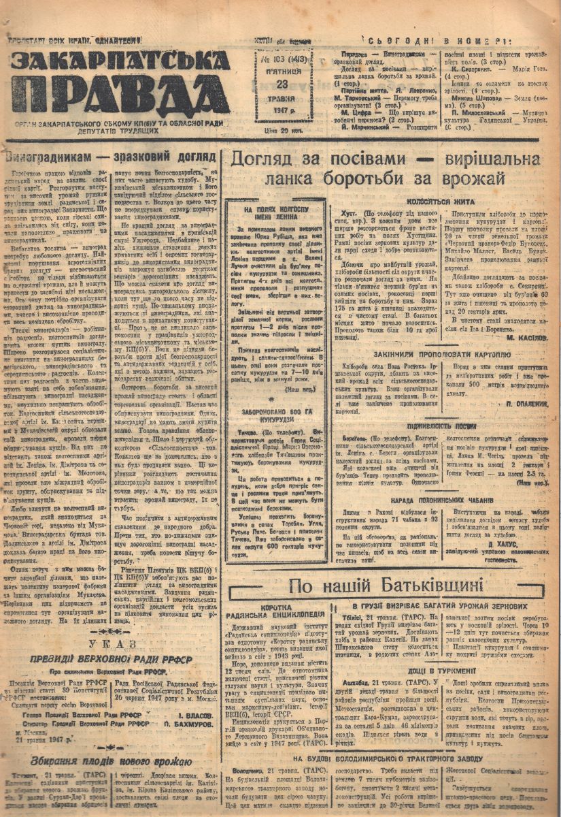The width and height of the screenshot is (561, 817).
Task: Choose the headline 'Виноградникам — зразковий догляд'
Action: (111, 156)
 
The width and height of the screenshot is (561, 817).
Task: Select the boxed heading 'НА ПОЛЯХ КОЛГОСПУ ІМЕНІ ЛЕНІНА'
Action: (285, 213)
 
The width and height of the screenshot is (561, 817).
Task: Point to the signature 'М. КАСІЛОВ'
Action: (520, 336)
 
